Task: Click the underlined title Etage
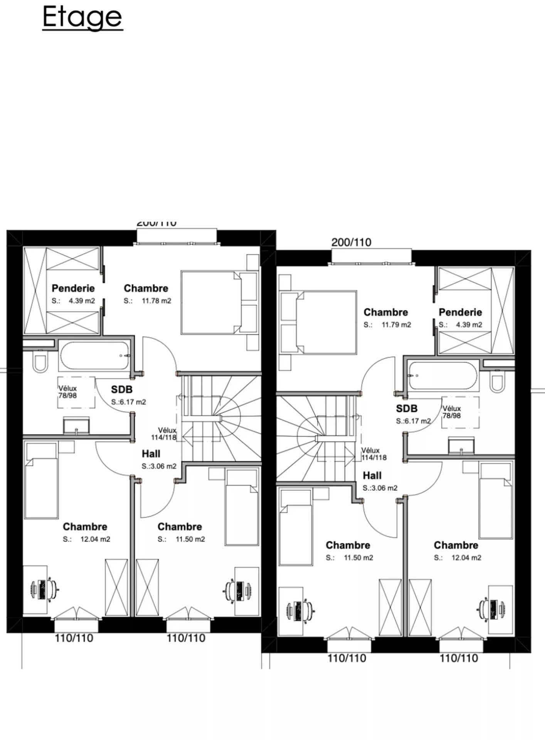[x=82, y=17]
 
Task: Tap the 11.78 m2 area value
[x=156, y=301]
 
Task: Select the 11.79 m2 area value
[x=396, y=325]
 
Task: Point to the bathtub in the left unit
[x=94, y=356]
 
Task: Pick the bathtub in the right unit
[x=443, y=376]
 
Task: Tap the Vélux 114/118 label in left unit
[x=164, y=434]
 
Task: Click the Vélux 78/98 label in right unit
[x=451, y=412]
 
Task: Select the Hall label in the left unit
[x=151, y=454]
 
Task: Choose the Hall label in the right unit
[x=372, y=476]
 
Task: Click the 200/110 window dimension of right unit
[x=351, y=242]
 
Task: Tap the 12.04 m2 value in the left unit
[x=95, y=539]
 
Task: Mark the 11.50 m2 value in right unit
[x=358, y=558]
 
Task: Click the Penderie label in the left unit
[x=73, y=288]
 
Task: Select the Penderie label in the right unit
[x=460, y=312]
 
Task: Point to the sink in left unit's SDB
[x=76, y=425]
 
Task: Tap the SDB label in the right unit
[x=407, y=409]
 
